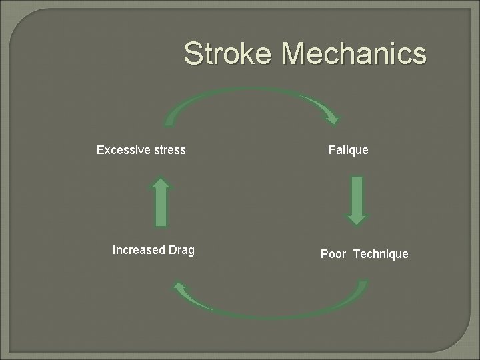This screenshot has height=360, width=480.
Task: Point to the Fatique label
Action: click(x=348, y=150)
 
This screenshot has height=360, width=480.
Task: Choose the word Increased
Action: click(x=138, y=250)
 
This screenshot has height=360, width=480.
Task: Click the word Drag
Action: click(x=181, y=250)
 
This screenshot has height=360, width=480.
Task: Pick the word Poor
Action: click(x=333, y=254)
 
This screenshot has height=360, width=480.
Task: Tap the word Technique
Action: click(x=381, y=254)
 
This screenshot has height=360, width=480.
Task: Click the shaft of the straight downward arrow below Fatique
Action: click(x=357, y=193)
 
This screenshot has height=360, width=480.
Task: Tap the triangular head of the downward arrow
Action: click(x=357, y=217)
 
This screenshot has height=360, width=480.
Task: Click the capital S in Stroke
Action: click(x=193, y=54)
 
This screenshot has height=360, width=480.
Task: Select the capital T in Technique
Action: click(x=357, y=254)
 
